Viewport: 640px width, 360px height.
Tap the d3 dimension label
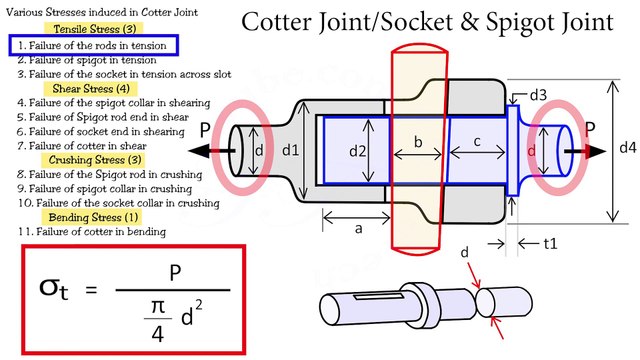point(537,95)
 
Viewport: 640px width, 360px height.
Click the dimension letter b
point(419,143)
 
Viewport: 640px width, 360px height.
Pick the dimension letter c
point(477,142)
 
